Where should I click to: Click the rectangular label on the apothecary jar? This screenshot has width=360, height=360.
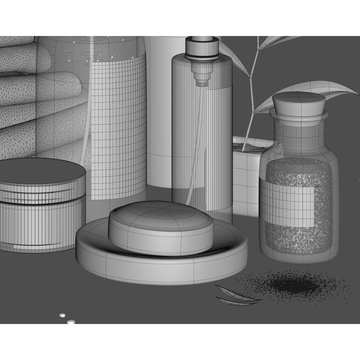(287, 203)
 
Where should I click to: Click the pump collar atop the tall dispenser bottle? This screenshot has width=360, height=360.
(202, 48)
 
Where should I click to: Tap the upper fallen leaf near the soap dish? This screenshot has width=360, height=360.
(233, 292)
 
